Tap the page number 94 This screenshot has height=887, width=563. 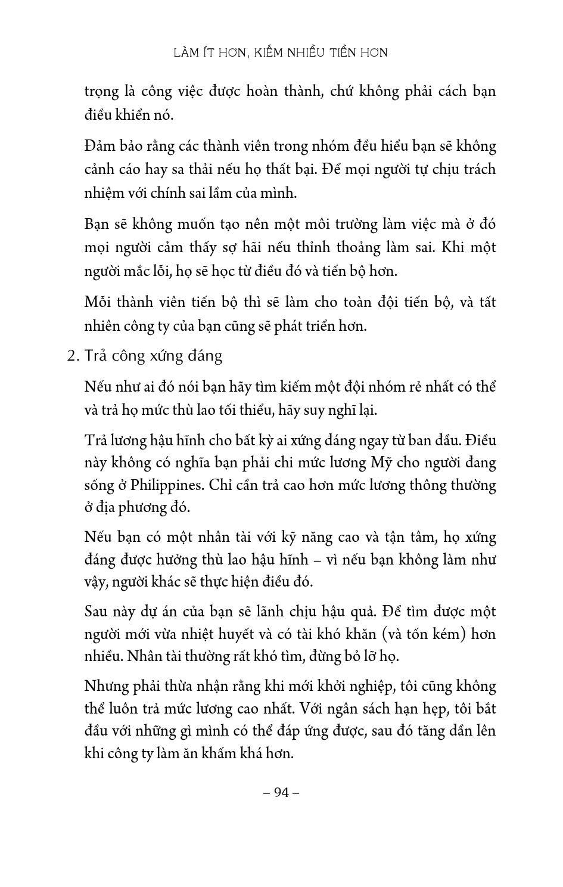click(281, 792)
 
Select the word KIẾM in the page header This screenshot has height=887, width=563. click(267, 52)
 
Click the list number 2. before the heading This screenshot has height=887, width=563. click(73, 356)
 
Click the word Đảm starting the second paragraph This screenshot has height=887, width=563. click(99, 146)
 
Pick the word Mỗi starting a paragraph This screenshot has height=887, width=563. click(98, 302)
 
